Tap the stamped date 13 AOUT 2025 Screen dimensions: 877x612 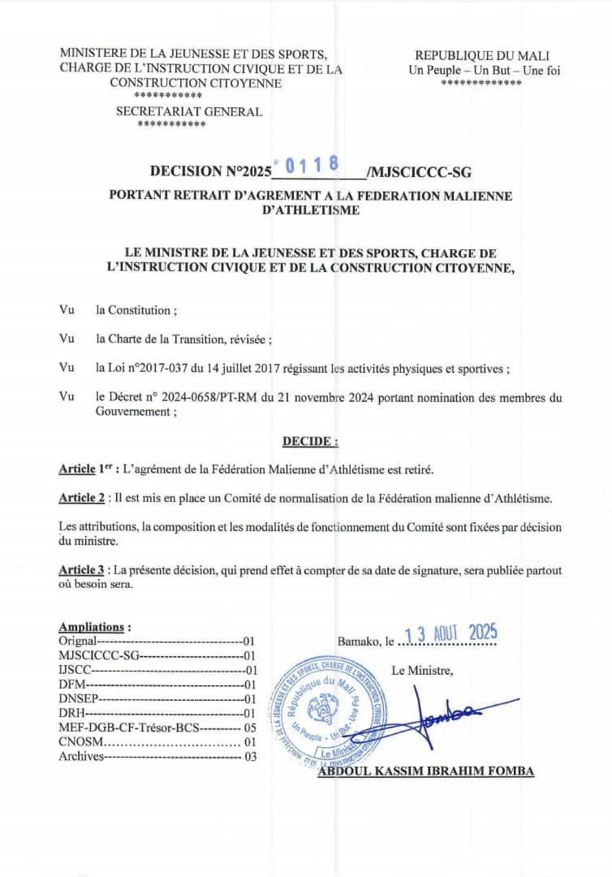point(451,634)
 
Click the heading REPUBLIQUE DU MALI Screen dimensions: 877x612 point(482,55)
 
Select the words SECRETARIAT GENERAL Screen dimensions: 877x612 point(189,112)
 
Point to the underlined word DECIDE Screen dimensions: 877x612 point(310,441)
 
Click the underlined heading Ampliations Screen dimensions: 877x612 point(94,627)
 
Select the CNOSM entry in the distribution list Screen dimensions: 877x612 point(79,741)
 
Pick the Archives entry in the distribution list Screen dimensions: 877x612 point(82,756)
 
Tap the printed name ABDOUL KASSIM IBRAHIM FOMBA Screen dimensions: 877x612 point(426,771)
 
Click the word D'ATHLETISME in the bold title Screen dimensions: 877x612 point(312,210)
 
